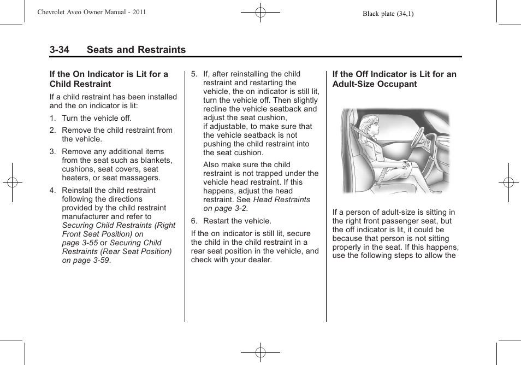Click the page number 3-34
pos(59,50)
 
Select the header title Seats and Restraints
pos(136,50)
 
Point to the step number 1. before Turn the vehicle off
pos(53,118)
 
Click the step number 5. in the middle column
pos(194,74)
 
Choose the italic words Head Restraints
pos(282,199)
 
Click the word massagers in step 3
pos(141,178)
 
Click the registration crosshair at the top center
pos(260,11)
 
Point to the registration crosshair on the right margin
pos(508,182)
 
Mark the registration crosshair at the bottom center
pos(260,352)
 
